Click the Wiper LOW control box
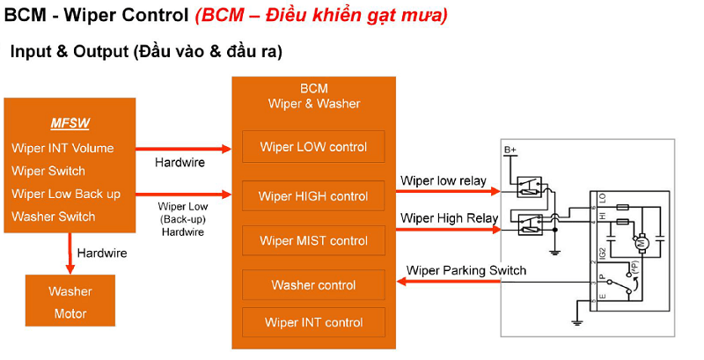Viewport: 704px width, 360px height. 313,147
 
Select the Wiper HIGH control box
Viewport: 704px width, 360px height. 313,195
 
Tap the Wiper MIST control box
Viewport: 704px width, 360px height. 313,240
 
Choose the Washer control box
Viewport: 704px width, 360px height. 313,285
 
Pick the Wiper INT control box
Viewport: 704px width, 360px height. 313,322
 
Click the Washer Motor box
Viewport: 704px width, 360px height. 70,302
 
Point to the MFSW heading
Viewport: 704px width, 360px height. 70,123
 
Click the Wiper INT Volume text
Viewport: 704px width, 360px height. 62,148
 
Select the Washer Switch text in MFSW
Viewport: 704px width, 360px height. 54,217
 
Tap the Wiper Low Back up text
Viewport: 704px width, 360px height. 66,194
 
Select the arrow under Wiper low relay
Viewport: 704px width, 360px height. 449,190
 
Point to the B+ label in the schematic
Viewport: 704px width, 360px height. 511,151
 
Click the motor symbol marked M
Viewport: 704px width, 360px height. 641,239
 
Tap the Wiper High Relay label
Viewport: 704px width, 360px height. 448,217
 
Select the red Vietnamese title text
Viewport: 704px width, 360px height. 320,15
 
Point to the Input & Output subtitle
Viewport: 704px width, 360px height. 146,52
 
